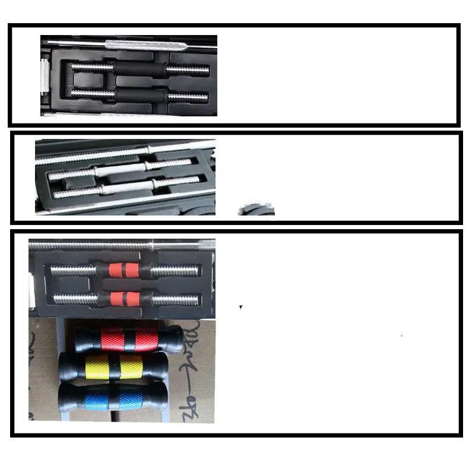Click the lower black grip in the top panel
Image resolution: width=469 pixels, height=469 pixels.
tap(140, 94)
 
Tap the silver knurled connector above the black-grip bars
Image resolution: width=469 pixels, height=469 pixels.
tap(145, 45)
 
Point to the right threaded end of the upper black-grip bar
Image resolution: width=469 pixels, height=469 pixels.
tap(187, 69)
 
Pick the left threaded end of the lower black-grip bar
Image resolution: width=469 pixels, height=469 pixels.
tap(93, 93)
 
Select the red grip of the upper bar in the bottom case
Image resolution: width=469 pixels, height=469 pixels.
tap(126, 271)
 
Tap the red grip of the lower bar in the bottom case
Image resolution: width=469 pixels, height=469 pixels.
tap(126, 298)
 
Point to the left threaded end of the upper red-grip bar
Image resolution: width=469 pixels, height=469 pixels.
tap(72, 271)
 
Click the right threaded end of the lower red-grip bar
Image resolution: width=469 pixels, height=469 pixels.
tap(176, 299)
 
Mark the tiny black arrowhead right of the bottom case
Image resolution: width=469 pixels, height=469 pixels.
tap(240, 307)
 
